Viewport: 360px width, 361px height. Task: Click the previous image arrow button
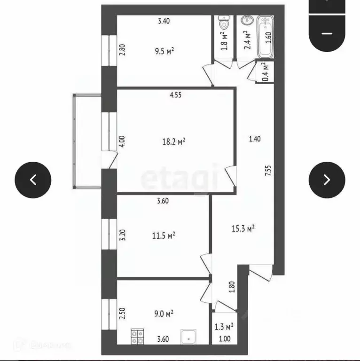[33, 180]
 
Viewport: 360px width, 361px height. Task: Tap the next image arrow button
[327, 180]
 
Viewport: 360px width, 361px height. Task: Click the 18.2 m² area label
[174, 141]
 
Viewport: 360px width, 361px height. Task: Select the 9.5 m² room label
[165, 51]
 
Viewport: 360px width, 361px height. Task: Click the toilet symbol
[224, 24]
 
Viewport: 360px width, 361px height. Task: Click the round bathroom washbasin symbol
[246, 22]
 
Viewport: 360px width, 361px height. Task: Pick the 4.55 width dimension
[176, 94]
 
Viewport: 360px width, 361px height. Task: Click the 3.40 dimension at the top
[164, 21]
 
